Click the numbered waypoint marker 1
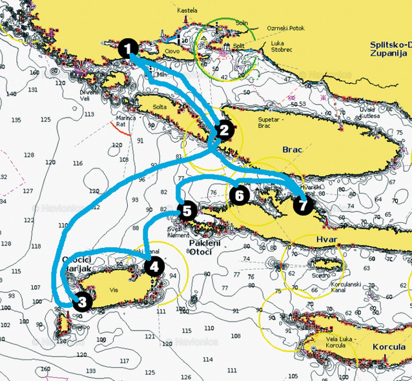(129, 48)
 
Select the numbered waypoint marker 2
(223, 130)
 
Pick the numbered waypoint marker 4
(154, 265)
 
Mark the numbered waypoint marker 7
(302, 205)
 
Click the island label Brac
(293, 149)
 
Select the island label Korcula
(389, 347)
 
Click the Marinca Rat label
(125, 121)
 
